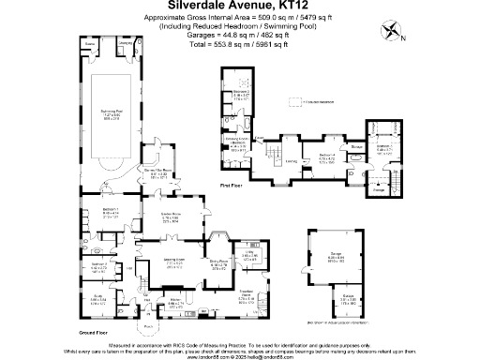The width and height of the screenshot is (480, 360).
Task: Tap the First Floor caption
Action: (x=232, y=187)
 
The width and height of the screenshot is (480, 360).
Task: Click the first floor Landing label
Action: (x=292, y=160)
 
